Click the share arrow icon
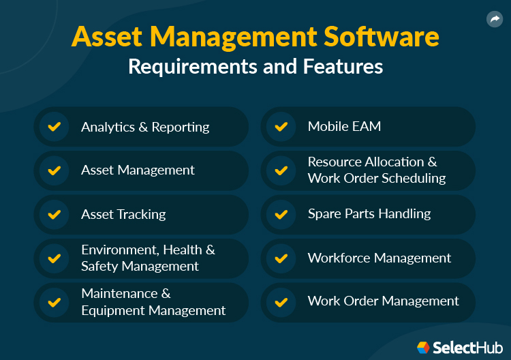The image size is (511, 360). pos(495,20)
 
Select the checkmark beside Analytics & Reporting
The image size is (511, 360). pos(54,127)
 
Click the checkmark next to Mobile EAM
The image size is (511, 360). pos(281,127)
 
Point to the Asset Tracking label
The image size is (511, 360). pos(123,214)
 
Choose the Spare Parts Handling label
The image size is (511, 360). pos(369,213)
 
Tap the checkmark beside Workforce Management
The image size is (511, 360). pos(281,258)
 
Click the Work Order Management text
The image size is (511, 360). pos(383,301)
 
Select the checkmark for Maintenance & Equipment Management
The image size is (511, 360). pos(54,302)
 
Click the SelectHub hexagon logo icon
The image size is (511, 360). pos(423,348)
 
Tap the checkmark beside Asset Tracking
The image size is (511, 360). pos(54,214)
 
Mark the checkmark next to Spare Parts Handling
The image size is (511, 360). pos(281,214)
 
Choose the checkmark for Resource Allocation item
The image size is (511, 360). pos(281,170)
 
